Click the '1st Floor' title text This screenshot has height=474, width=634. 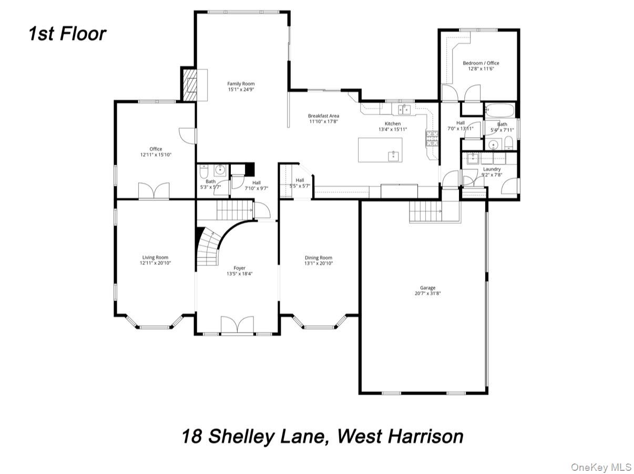pyautogui.click(x=67, y=34)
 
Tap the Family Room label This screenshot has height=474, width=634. pyautogui.click(x=241, y=84)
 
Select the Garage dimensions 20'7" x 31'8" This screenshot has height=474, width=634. pyautogui.click(x=427, y=294)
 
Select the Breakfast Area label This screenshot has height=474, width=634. pyautogui.click(x=323, y=116)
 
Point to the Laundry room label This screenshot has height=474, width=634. pyautogui.click(x=492, y=169)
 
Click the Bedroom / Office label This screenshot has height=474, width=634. pyautogui.click(x=481, y=63)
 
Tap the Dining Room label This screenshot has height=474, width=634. pyautogui.click(x=319, y=257)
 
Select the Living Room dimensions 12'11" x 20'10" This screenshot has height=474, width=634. pyautogui.click(x=155, y=263)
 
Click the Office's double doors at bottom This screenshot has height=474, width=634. pyautogui.click(x=154, y=191)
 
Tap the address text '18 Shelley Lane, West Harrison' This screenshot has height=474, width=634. pyautogui.click(x=322, y=436)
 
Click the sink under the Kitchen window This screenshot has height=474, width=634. pyautogui.click(x=404, y=110)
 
